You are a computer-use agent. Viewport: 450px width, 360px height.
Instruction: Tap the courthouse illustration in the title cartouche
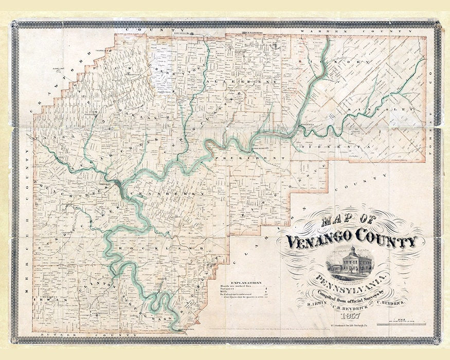[352, 260]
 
